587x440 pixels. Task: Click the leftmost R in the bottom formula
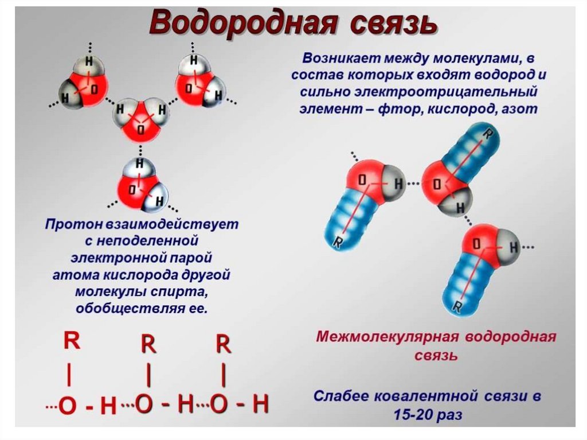coord(71,341)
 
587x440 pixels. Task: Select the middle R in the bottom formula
coord(148,345)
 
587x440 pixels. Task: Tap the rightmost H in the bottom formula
coord(260,404)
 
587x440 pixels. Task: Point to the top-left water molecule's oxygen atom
coord(92,89)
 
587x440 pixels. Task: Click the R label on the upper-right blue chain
coord(487,135)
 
